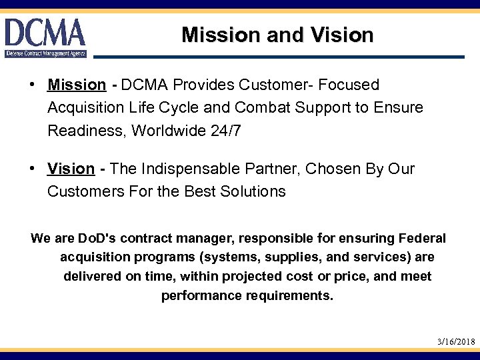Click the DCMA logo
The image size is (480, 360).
pos(45,37)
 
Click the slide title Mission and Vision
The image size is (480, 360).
pos(277,35)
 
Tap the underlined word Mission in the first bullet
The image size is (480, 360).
pos(77,85)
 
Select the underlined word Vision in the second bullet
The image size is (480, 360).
pos(71,169)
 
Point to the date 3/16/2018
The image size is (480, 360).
pos(456,341)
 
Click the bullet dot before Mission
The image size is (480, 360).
pos(33,85)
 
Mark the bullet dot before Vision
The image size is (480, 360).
pos(33,169)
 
